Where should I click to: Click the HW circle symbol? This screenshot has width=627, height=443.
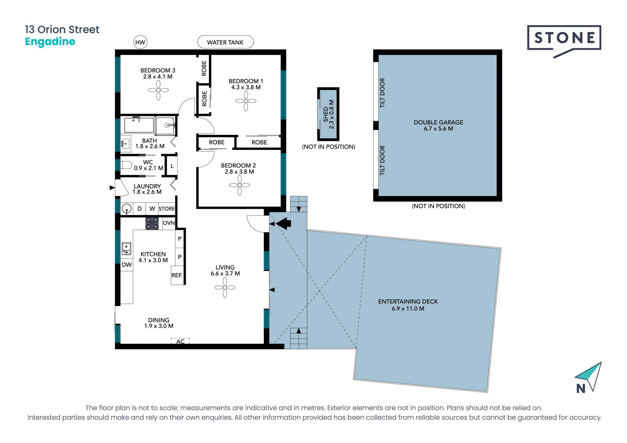(140, 42)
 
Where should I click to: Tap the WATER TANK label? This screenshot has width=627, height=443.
(225, 42)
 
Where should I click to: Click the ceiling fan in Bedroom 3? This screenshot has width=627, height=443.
(158, 90)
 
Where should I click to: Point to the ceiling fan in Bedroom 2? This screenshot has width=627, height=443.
(240, 185)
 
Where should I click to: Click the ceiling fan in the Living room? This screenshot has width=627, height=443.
(225, 288)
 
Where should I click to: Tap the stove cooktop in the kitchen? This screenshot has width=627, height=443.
(152, 224)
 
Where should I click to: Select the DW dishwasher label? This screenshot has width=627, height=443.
(127, 265)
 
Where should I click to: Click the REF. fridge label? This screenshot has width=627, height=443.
(177, 275)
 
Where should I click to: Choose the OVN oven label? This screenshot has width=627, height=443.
(169, 223)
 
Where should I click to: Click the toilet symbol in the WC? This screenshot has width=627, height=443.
(126, 165)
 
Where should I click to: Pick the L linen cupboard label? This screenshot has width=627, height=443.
(172, 166)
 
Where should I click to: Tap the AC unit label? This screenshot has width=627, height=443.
(180, 341)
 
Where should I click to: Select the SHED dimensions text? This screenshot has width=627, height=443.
(331, 114)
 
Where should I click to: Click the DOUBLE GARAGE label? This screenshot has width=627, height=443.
(439, 122)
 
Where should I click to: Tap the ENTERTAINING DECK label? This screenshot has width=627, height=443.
(408, 302)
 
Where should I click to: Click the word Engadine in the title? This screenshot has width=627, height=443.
(50, 42)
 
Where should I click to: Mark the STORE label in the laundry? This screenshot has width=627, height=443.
(167, 209)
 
